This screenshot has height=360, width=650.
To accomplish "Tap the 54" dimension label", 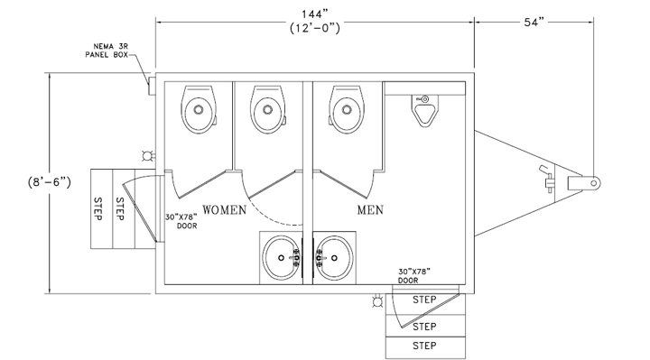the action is coord(534,23).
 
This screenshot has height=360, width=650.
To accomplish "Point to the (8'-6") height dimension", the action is coord(50,182).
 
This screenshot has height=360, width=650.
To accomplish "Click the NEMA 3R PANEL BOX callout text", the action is coord(107,51).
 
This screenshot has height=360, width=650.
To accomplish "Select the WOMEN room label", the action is coord(224,210).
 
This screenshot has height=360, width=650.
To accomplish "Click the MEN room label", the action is coord(370,210).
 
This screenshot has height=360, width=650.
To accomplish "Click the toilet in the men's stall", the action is coord(347,109).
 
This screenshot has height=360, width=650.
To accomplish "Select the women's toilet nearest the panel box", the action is coord(199,109).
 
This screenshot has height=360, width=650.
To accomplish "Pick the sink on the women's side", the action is coord(282,258).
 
